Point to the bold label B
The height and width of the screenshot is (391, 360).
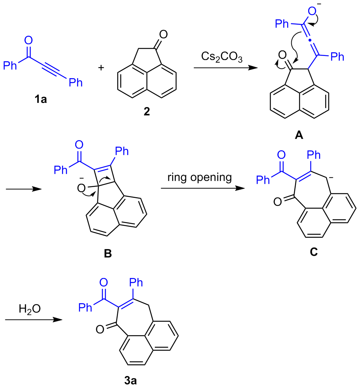point(107,254)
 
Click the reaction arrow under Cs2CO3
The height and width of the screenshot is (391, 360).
point(225,68)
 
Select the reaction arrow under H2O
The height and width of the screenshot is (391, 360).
point(33,320)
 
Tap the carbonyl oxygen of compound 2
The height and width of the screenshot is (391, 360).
point(162,35)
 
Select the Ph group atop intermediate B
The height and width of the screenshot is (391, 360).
point(121,152)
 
